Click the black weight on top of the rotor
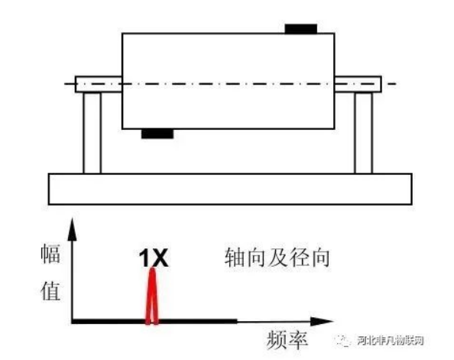coord(300,30)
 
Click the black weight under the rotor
coord(157,134)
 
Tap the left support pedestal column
coord(92,132)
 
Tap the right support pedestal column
coord(363,132)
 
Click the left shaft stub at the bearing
coord(98,83)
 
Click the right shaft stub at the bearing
coord(358,83)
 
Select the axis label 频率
coord(288,339)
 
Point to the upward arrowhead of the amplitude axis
coord(72,225)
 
